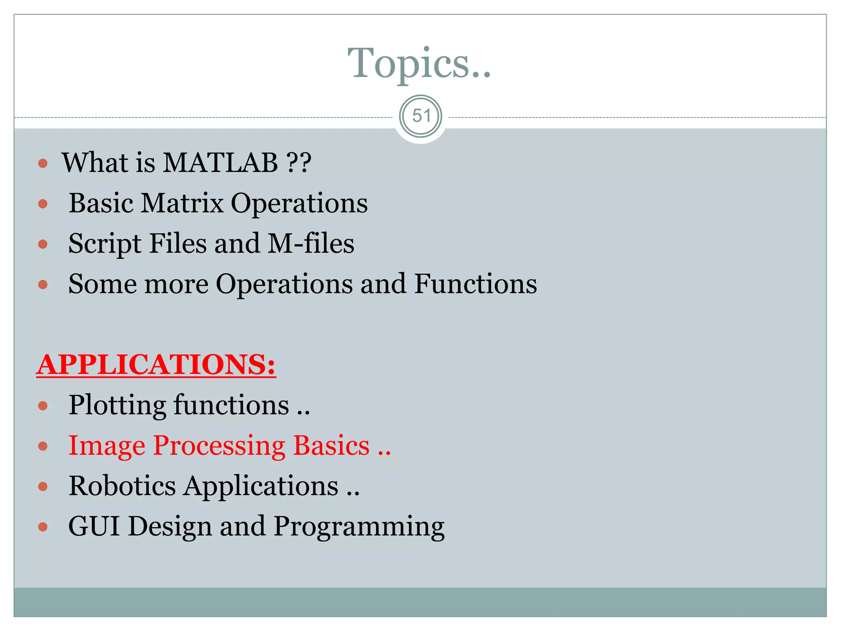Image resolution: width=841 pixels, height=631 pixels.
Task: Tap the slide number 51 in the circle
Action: coord(421,116)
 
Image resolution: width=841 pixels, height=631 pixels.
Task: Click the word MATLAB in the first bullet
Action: coord(221,163)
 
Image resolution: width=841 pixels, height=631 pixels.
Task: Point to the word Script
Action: coord(105,244)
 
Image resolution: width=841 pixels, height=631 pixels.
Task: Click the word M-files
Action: coord(311,243)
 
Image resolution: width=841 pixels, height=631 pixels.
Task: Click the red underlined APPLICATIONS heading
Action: coord(156,364)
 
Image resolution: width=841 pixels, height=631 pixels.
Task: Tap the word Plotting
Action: coord(117,405)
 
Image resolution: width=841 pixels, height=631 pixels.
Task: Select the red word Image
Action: coord(107,446)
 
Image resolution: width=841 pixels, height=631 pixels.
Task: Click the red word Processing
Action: coord(219,446)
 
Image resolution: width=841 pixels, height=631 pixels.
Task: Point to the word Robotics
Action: coord(122,486)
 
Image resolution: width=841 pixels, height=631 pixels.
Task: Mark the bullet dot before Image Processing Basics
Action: coord(43,446)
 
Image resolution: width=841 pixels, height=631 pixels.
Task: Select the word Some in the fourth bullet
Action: coord(103,284)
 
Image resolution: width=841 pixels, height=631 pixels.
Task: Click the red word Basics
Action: coord(331,446)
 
